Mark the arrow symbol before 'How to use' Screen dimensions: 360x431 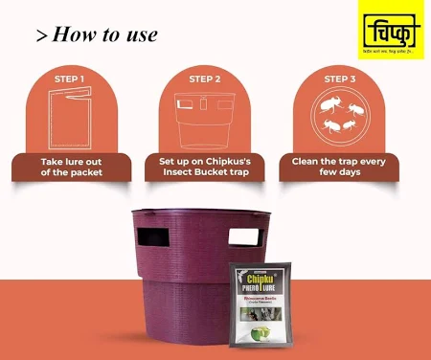(x=42, y=36)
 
